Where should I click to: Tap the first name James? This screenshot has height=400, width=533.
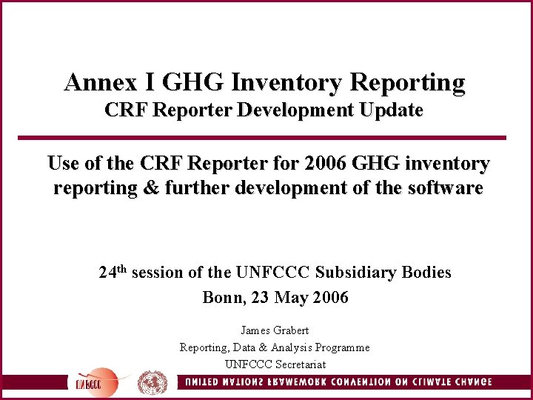256,330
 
